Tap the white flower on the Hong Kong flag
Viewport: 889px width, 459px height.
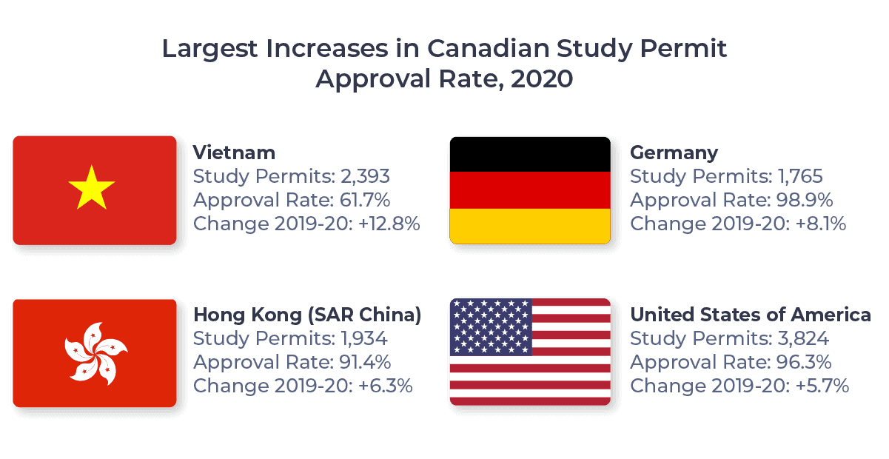click(95, 352)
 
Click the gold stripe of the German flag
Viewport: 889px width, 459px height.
click(530, 226)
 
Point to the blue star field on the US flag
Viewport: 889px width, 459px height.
click(491, 326)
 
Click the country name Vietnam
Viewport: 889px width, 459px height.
click(234, 153)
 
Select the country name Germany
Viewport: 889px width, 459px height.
click(674, 153)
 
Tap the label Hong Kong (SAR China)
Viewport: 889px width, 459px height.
click(307, 315)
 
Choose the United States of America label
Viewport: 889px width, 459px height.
click(750, 315)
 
